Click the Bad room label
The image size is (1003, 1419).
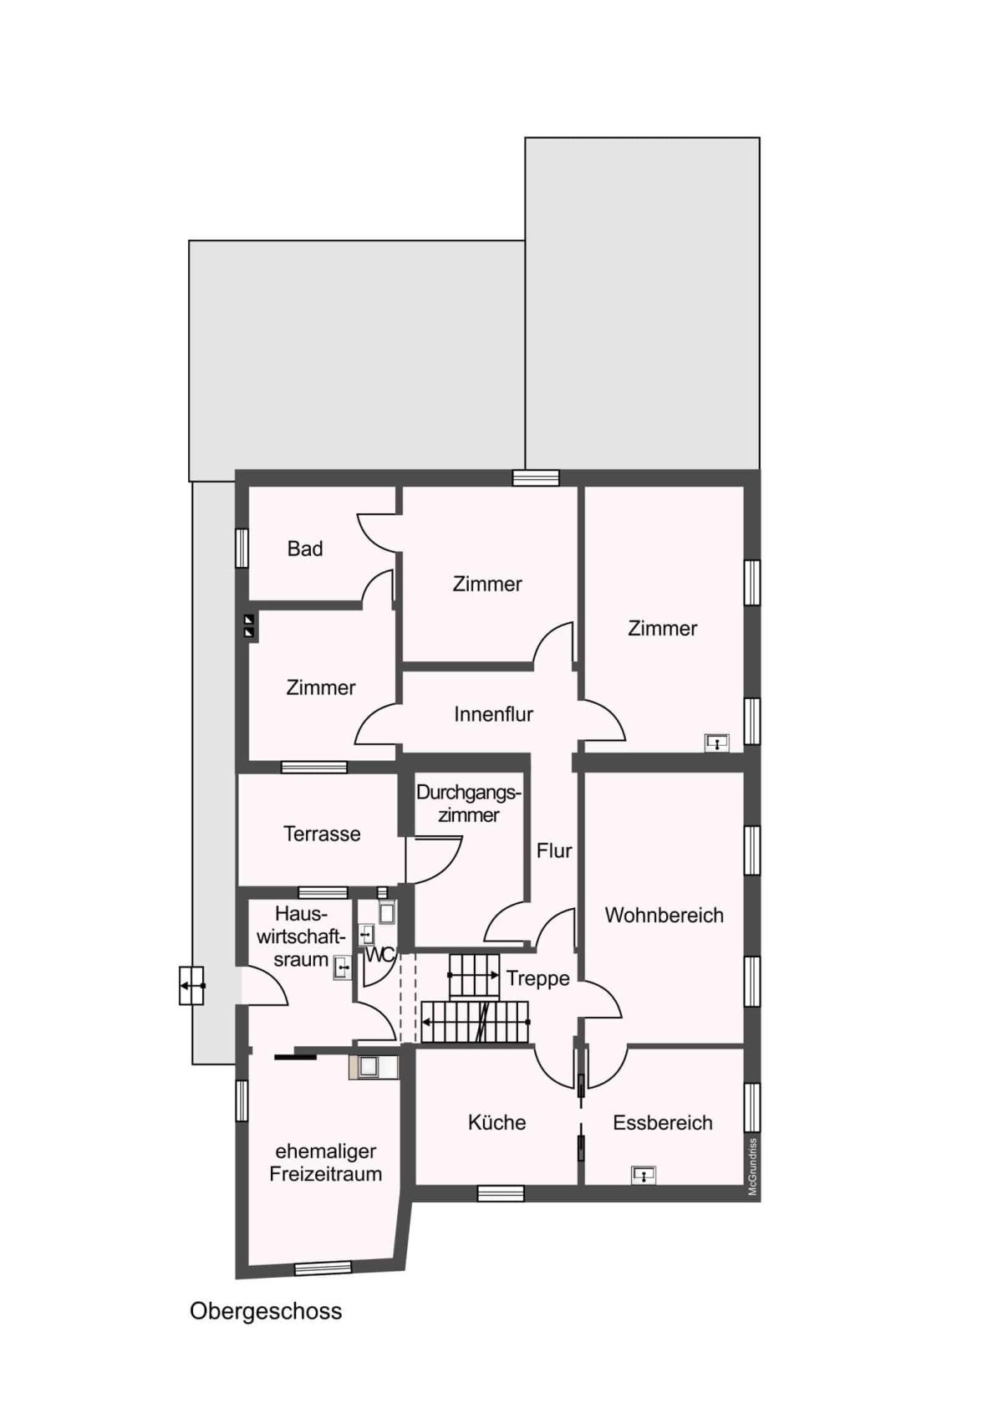click(304, 548)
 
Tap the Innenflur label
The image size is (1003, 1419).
click(493, 714)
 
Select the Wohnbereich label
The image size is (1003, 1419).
click(664, 915)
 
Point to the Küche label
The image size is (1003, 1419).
click(496, 1122)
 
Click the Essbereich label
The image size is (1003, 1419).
click(662, 1122)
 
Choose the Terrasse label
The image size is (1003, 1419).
click(322, 834)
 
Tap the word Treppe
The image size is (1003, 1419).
click(537, 978)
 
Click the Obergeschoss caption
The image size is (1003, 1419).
click(265, 1311)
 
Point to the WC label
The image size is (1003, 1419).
click(380, 955)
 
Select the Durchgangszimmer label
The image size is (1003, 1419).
click(469, 804)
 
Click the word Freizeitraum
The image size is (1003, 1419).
click(325, 1174)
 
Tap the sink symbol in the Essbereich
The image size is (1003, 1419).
click(644, 1175)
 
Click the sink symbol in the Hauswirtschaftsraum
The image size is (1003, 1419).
click(343, 968)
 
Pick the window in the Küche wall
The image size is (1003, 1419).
click(500, 1193)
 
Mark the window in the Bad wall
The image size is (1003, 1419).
click(242, 548)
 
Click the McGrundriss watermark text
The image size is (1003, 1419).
click(752, 1166)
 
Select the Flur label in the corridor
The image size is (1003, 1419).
click(554, 850)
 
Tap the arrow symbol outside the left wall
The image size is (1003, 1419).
click(191, 986)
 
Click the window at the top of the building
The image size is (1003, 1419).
click(536, 477)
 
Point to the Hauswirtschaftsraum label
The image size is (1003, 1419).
click(301, 937)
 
